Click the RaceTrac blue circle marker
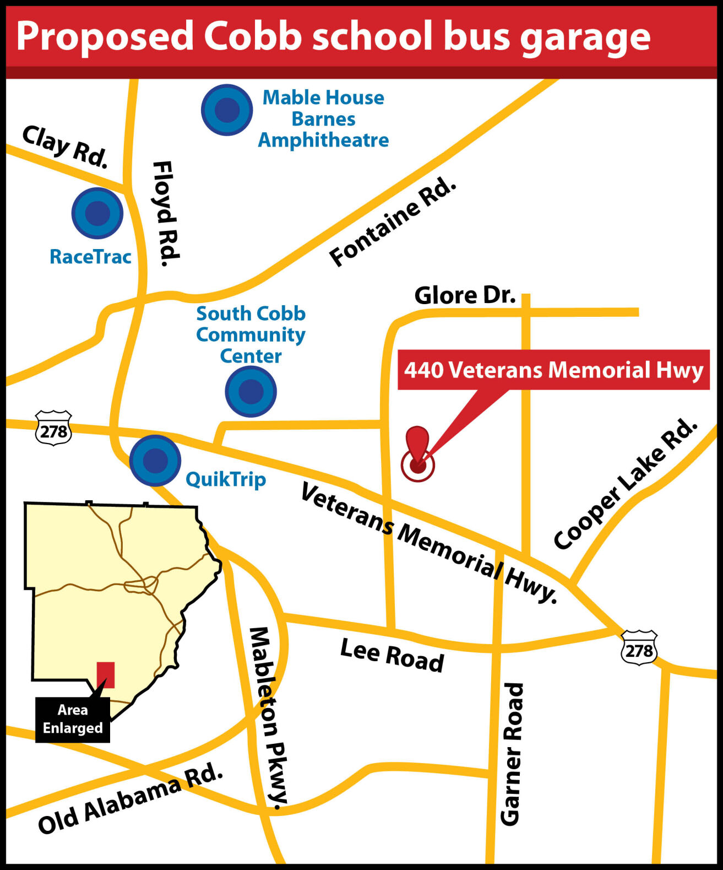click(x=97, y=213)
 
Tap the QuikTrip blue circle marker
click(x=155, y=460)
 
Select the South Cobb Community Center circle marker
click(x=251, y=391)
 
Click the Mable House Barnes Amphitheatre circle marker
click(x=227, y=110)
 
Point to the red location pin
click(x=418, y=452)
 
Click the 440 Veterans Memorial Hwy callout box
click(x=553, y=370)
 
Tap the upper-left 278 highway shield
click(x=53, y=428)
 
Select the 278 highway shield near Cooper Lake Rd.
click(x=639, y=648)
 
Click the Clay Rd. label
click(x=65, y=147)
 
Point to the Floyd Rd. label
click(x=166, y=214)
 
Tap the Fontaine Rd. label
click(x=393, y=223)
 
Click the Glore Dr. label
click(x=465, y=295)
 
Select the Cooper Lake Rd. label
click(x=625, y=484)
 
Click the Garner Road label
click(x=512, y=754)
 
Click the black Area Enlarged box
click(x=73, y=720)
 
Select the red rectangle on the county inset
click(x=106, y=674)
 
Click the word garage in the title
click(x=585, y=37)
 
